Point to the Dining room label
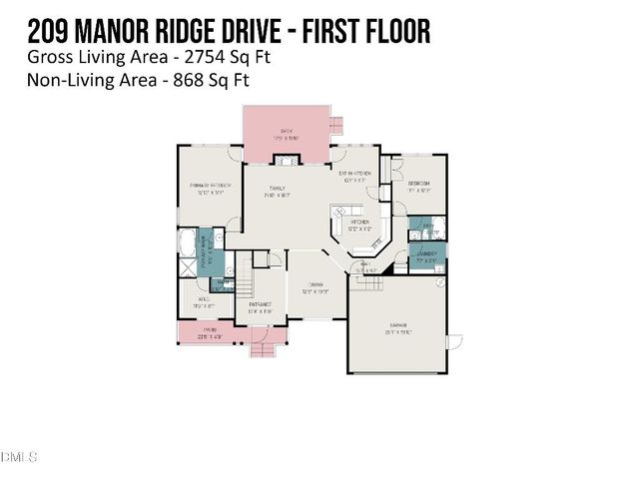pyautogui.click(x=317, y=287)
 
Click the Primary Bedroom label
pyautogui.click(x=211, y=188)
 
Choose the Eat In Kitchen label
pyautogui.click(x=356, y=177)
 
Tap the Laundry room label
pyautogui.click(x=427, y=256)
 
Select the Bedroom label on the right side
pyautogui.click(x=419, y=186)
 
